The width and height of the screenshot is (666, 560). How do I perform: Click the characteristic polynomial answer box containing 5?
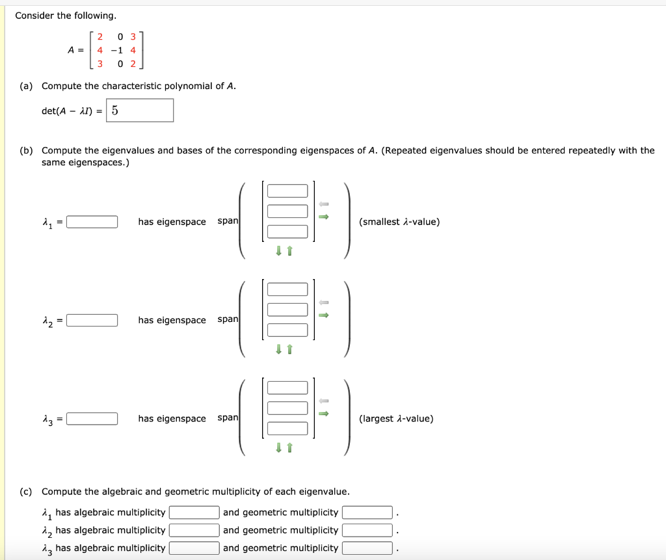[140, 111]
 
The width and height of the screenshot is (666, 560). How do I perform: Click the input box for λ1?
[92, 222]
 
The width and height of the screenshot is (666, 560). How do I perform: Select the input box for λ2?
[92, 321]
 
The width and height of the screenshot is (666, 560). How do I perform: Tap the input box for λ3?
[92, 419]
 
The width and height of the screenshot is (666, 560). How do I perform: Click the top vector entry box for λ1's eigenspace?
[287, 191]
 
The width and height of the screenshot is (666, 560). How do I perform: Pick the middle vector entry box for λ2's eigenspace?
[287, 310]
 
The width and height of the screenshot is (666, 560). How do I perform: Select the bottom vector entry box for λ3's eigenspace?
[287, 429]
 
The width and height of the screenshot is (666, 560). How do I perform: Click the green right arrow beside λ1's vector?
[324, 217]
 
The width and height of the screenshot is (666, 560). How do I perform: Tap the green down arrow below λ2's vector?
[278, 349]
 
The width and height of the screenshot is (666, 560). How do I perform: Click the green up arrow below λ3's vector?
[290, 447]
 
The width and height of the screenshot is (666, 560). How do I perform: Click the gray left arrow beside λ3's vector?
[324, 401]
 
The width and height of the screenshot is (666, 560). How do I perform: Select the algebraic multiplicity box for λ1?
[194, 513]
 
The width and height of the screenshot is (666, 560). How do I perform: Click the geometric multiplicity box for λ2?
[367, 531]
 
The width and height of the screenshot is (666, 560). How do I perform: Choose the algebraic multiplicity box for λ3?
[194, 548]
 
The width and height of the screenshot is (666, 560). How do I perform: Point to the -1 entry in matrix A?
[116, 50]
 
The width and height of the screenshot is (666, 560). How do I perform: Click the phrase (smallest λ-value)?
[399, 222]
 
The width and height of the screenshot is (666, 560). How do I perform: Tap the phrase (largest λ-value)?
[396, 419]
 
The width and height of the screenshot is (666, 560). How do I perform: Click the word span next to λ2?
[228, 319]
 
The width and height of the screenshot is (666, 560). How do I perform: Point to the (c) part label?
[26, 492]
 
